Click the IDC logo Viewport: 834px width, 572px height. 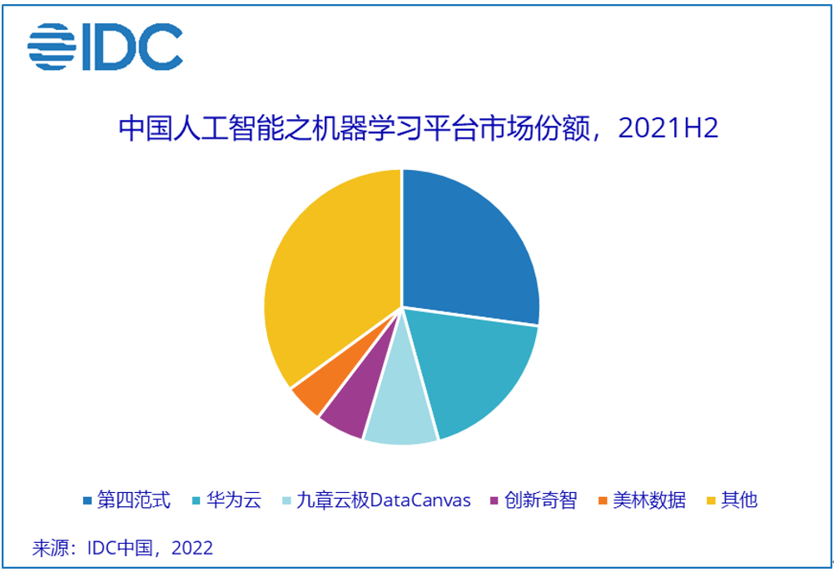click(x=105, y=46)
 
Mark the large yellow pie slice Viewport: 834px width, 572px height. click(x=329, y=275)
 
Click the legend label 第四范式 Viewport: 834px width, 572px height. click(x=134, y=500)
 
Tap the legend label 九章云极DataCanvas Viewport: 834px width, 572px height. click(x=384, y=500)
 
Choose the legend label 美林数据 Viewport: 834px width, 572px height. click(x=649, y=500)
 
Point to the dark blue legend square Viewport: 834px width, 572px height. click(x=87, y=501)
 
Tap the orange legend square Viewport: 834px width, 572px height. click(x=603, y=501)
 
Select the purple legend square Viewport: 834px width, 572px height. click(x=494, y=501)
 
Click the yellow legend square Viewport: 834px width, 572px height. click(x=711, y=501)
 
